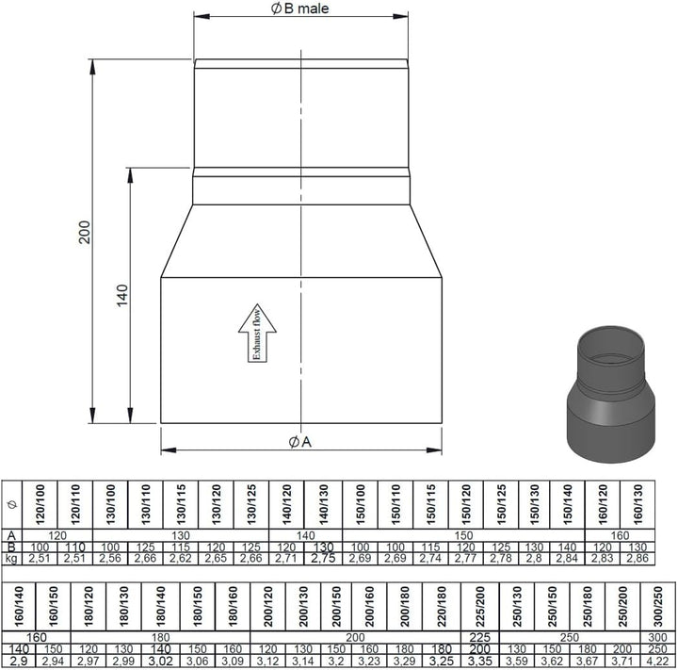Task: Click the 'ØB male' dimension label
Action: coord(299,8)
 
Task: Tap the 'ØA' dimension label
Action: coord(300,442)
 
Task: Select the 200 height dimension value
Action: coord(85,232)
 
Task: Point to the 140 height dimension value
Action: coord(122,296)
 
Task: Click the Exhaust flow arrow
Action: coord(257,333)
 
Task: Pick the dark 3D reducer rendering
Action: coord(611,394)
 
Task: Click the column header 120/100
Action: coord(40,505)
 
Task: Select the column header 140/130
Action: coord(323,505)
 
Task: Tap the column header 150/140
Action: coord(567,505)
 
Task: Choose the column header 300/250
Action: coord(657,606)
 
